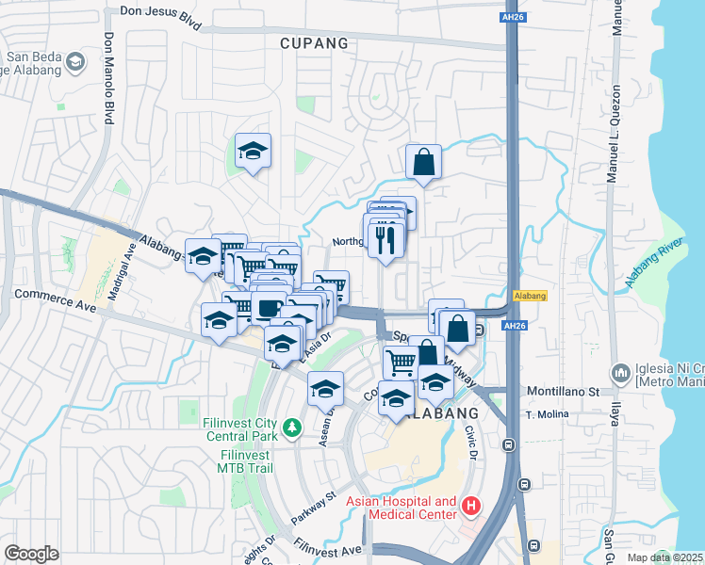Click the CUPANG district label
point(314,43)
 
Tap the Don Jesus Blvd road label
point(160,17)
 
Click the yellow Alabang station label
point(531,295)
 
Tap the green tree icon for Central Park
point(292,428)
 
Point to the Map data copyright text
point(664,557)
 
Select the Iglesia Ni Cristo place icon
point(620,373)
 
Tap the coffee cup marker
point(269,307)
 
